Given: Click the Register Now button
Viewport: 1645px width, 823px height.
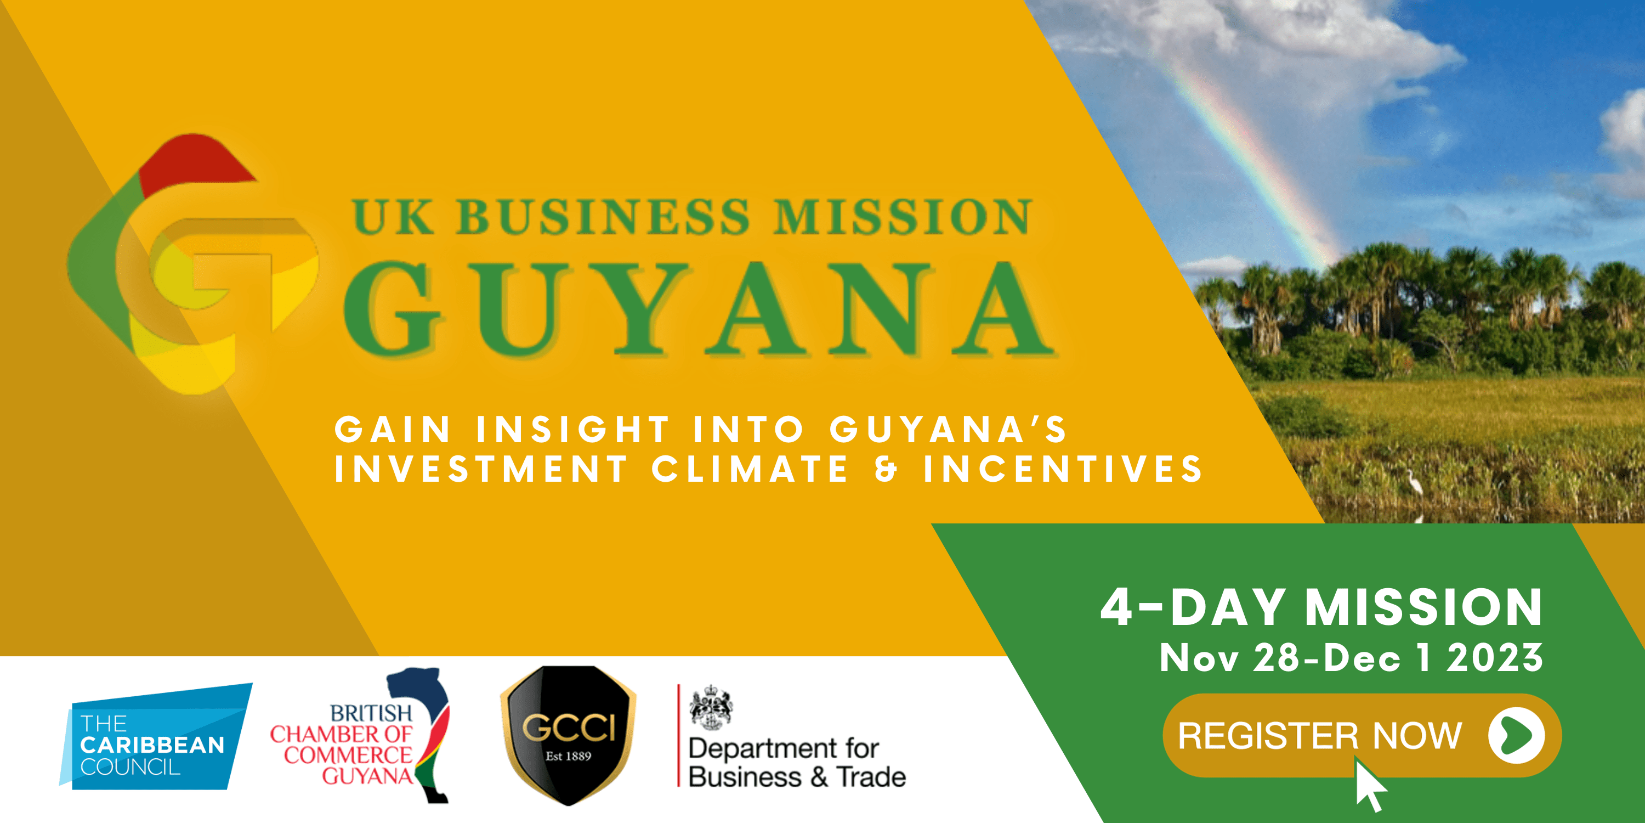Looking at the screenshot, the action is (x=1362, y=735).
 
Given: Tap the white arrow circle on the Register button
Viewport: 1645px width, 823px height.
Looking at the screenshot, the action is (x=1516, y=735).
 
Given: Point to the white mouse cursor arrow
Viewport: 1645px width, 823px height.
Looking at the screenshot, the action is (x=1370, y=785).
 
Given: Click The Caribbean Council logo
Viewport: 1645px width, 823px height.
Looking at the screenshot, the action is (x=155, y=737).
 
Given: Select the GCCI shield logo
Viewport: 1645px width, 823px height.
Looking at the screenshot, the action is (x=568, y=735).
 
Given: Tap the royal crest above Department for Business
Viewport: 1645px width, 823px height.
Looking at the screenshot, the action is (x=711, y=707).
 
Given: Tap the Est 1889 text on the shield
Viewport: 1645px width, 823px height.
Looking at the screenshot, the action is (x=568, y=756).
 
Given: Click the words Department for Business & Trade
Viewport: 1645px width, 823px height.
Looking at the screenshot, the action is (x=797, y=762).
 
